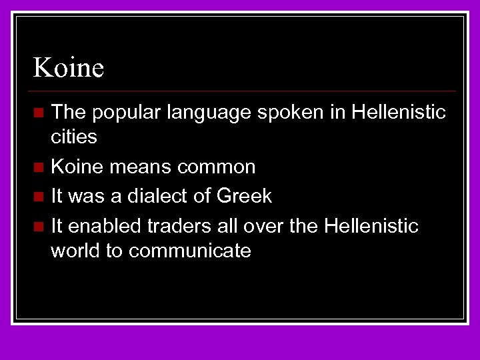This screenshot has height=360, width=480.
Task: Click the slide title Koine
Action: tap(69, 67)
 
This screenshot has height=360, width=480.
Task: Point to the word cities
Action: tap(74, 137)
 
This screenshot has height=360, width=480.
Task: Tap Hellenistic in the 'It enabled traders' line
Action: tap(371, 226)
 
